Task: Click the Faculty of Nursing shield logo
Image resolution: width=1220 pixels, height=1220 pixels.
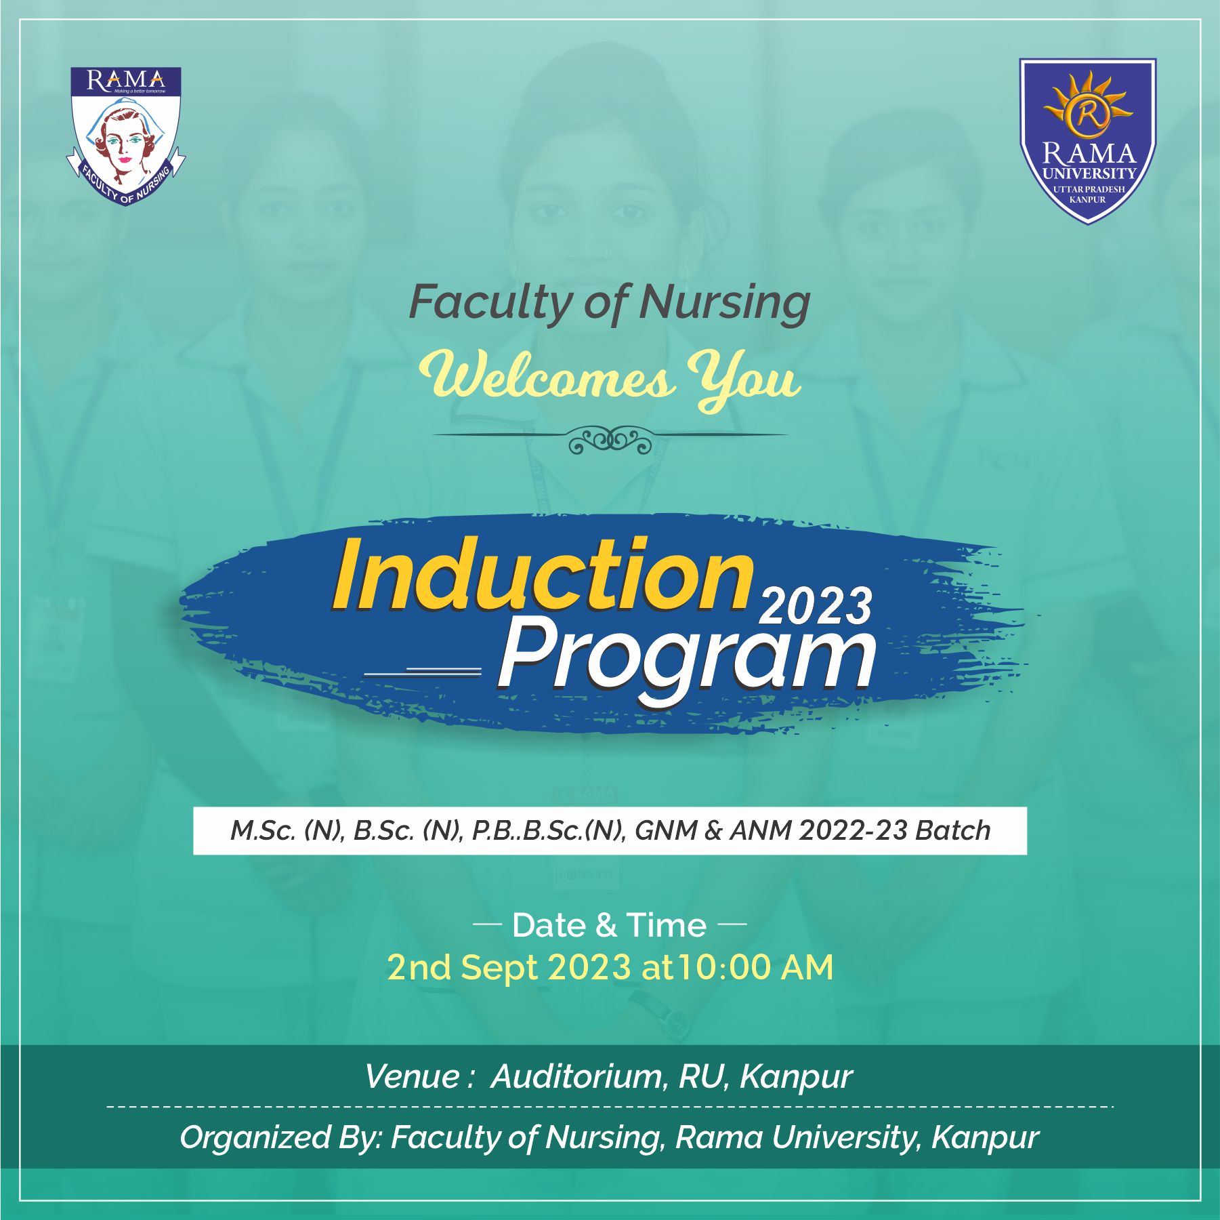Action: click(126, 136)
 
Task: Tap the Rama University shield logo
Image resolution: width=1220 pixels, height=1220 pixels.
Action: click(1087, 141)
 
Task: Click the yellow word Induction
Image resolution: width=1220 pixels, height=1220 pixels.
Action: click(543, 575)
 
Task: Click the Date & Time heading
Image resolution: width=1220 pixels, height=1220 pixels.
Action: click(609, 925)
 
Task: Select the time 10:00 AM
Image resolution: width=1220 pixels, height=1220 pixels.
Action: click(756, 967)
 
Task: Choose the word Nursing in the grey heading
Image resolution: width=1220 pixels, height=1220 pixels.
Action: click(725, 302)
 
